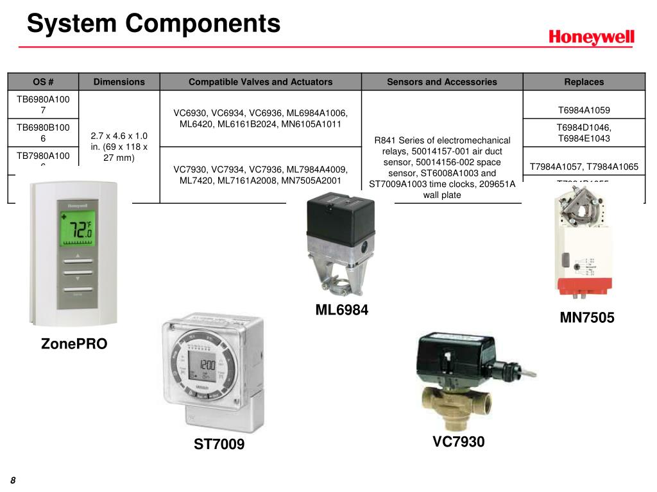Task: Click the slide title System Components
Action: pos(154,24)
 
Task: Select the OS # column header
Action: pos(43,81)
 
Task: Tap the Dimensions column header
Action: pos(119,81)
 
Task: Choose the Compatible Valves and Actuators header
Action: pos(260,81)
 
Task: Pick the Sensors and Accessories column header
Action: pos(441,81)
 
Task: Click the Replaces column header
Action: pos(583,81)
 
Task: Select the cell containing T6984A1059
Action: pos(583,110)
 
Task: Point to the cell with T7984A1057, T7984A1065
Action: pos(583,166)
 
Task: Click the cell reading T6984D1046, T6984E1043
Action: pos(583,133)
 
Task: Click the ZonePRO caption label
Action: pos(74,344)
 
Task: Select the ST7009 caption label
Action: pos(219,444)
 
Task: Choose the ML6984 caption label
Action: pos(342,310)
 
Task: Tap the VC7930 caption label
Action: pos(458,441)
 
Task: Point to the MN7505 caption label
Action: pos(587,317)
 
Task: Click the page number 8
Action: pos(12,481)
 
